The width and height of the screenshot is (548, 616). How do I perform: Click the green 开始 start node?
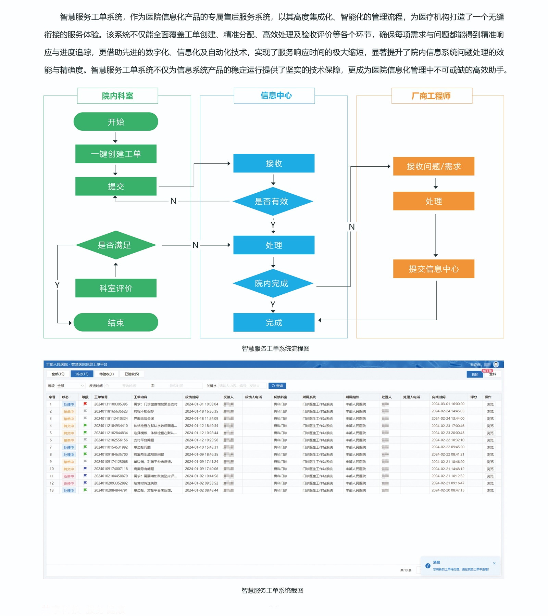(x=116, y=122)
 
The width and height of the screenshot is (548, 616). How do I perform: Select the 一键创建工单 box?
(x=116, y=154)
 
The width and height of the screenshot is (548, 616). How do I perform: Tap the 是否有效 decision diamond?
(x=273, y=201)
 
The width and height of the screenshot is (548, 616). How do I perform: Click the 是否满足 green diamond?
(x=115, y=245)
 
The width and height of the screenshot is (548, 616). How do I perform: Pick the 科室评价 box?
(x=116, y=288)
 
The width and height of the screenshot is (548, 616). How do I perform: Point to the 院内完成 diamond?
(x=273, y=283)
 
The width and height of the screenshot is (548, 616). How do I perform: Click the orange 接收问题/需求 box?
(x=434, y=166)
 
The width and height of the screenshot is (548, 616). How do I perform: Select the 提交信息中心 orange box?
(x=434, y=269)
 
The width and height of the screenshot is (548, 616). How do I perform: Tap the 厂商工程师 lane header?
(x=432, y=96)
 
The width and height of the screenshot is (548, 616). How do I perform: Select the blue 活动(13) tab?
(x=82, y=374)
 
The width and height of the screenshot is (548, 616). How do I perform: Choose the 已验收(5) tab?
(x=132, y=374)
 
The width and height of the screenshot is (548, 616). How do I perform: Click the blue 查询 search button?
(x=277, y=386)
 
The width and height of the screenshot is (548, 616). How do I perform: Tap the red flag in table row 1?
(x=85, y=404)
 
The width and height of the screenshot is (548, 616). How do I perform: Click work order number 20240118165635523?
(x=111, y=411)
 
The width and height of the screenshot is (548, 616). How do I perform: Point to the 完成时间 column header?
(x=439, y=397)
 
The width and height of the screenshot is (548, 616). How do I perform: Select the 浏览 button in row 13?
(x=490, y=490)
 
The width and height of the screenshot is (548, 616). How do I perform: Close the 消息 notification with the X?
(x=494, y=563)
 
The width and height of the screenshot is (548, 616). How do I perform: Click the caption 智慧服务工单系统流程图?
(x=275, y=349)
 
